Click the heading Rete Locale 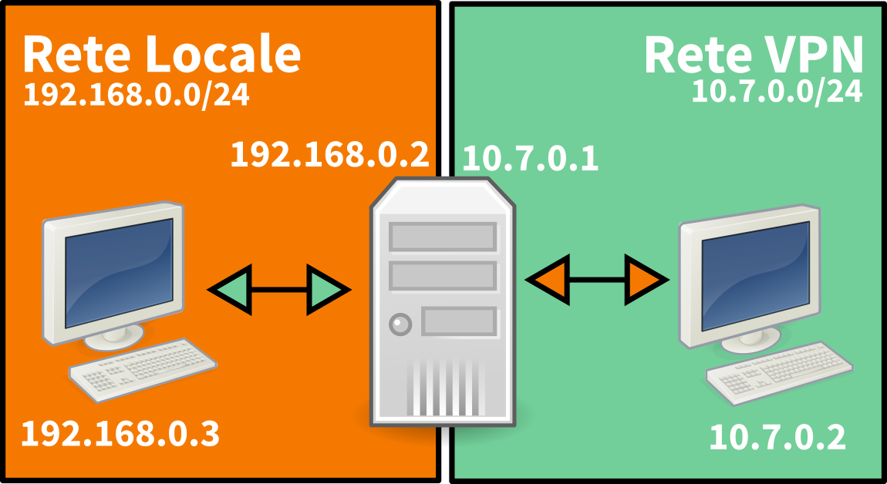[x=161, y=54]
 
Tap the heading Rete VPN [x=753, y=54]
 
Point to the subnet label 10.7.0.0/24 [x=777, y=91]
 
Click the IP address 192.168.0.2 [x=329, y=155]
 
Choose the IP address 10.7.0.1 [x=531, y=160]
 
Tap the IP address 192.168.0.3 [x=120, y=435]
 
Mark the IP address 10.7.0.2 [x=777, y=438]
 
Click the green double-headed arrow [x=279, y=290]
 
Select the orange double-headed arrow [x=596, y=278]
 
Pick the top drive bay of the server [x=442, y=237]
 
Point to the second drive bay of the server [x=442, y=275]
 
